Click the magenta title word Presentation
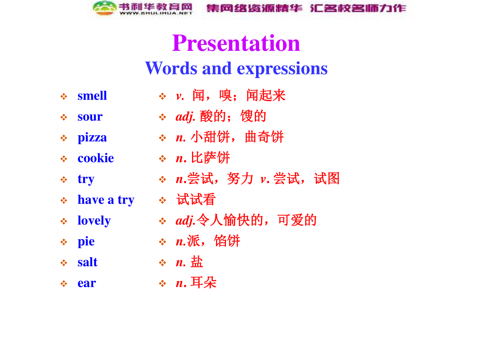tap(236, 43)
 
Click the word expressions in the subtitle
tap(282, 69)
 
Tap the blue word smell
tap(92, 96)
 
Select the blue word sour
tap(90, 117)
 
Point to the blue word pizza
tap(92, 138)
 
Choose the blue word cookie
tap(96, 158)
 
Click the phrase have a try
tap(106, 200)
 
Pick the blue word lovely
tap(94, 220)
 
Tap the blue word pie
tap(86, 242)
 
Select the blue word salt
tap(88, 262)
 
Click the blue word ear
tap(86, 283)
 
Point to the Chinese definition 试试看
tap(196, 199)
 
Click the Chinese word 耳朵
tap(203, 282)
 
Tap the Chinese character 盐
tap(197, 262)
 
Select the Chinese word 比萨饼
tap(210, 158)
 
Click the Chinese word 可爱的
tap(297, 220)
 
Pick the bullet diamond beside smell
tap(64, 96)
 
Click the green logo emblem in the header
tap(104, 8)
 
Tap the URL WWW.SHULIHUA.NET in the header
tap(156, 13)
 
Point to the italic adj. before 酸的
tap(185, 117)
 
